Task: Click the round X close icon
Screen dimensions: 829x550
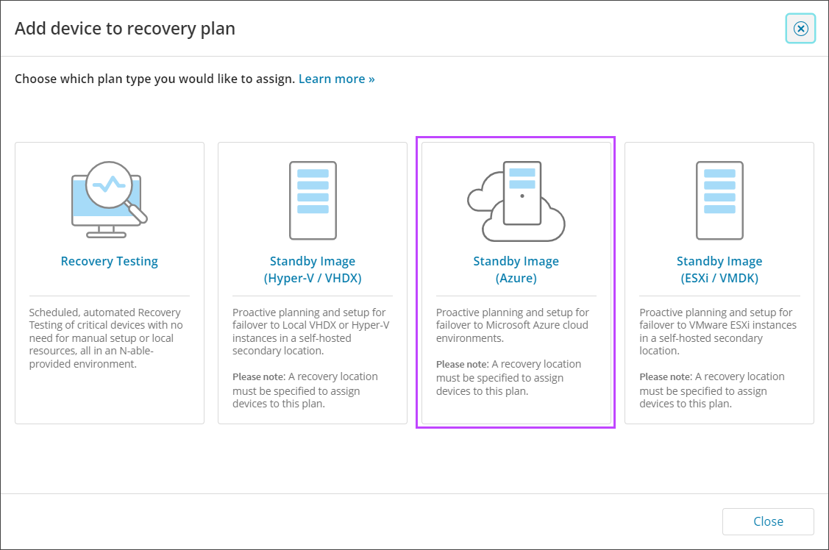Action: pyautogui.click(x=800, y=29)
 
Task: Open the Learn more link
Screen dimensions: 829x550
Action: pyautogui.click(x=336, y=79)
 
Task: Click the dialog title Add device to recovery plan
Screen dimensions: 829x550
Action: pyautogui.click(x=125, y=29)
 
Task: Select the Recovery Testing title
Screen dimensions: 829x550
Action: pyautogui.click(x=110, y=261)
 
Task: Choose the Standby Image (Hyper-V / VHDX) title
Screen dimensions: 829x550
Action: pyautogui.click(x=313, y=269)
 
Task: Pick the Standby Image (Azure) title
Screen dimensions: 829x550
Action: pyautogui.click(x=516, y=269)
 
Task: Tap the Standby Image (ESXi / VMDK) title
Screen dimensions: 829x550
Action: pyautogui.click(x=719, y=269)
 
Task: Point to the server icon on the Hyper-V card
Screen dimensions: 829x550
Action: pyautogui.click(x=313, y=201)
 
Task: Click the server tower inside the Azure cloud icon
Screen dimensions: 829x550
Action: pyautogui.click(x=522, y=193)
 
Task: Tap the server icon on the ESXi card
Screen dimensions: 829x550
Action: pyautogui.click(x=719, y=201)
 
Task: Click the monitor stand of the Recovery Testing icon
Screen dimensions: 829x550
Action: pyautogui.click(x=106, y=232)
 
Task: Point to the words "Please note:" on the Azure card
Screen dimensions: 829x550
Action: pyautogui.click(x=463, y=365)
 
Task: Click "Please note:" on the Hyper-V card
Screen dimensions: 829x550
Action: pyautogui.click(x=259, y=377)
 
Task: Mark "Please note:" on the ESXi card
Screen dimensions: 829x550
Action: pyautogui.click(x=666, y=377)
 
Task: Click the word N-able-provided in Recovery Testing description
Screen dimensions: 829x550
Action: pyautogui.click(x=91, y=357)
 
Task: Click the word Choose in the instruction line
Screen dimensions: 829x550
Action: pyautogui.click(x=35, y=79)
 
